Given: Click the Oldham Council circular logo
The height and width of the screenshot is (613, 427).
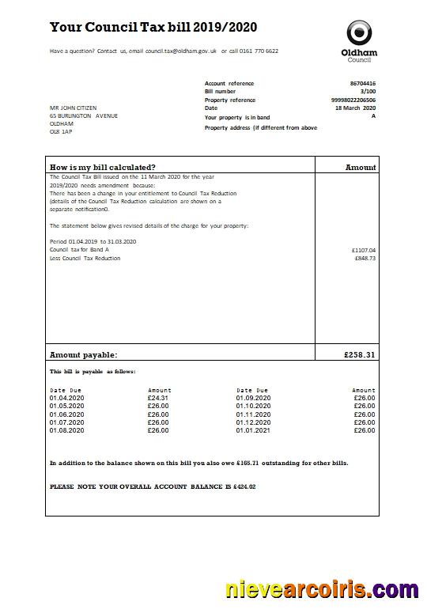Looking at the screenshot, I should coord(358,32).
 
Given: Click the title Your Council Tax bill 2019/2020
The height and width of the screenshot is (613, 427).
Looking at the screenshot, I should coord(153,28).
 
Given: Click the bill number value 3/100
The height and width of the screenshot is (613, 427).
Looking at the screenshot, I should coord(368,92).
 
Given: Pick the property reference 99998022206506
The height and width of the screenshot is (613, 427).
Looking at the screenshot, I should coord(353,100).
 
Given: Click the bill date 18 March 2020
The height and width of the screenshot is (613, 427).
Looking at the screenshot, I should coord(355,108).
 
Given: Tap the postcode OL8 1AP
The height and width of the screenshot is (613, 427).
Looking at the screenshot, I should coord(61,132).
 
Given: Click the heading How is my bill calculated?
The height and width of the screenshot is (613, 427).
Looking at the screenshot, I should coord(102,167).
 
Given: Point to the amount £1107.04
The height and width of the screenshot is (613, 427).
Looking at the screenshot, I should coord(363,250).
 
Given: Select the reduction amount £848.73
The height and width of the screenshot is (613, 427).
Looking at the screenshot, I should coord(365,258).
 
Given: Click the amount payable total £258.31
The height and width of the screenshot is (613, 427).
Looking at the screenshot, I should coord(359,355).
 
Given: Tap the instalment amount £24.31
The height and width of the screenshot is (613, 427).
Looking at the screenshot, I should coord(158,398).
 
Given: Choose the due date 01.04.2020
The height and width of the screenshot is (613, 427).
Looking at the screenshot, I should coord(66,398).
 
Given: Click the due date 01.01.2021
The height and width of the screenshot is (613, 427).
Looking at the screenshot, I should coord(253,430).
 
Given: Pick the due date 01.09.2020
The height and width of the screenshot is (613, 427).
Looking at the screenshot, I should coord(253,398).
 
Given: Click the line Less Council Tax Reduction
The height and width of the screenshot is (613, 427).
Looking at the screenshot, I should coord(85,258).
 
